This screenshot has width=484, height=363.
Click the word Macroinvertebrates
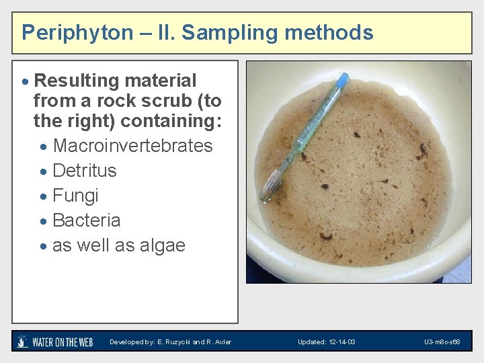click(x=132, y=146)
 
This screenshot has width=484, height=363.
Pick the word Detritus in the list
click(x=84, y=171)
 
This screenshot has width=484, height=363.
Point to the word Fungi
click(x=75, y=196)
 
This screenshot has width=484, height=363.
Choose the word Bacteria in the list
click(x=86, y=220)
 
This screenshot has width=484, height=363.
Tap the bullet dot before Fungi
click(x=44, y=196)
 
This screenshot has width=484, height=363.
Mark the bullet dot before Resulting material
click(x=26, y=81)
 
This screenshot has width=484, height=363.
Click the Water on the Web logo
click(x=54, y=341)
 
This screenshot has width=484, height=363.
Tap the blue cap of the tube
click(x=342, y=79)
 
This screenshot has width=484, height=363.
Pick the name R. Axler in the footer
click(x=218, y=342)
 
